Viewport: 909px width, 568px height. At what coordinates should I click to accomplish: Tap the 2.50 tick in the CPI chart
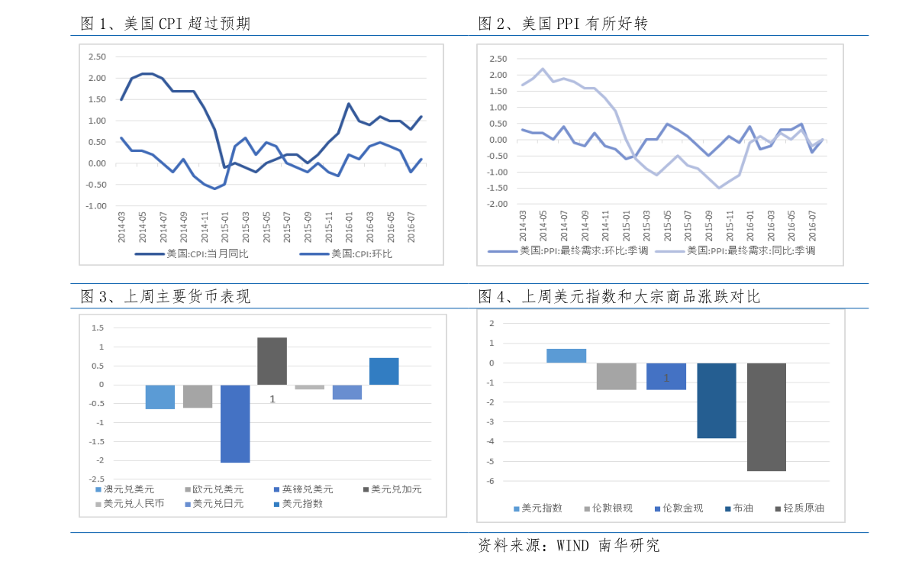click(97, 56)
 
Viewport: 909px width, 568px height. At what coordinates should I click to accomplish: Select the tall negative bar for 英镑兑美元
click(235, 424)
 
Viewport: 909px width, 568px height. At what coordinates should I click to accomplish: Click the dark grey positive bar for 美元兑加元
click(272, 361)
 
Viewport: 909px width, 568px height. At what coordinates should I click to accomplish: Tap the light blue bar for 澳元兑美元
click(160, 397)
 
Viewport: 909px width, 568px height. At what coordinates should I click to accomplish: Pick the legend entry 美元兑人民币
click(134, 504)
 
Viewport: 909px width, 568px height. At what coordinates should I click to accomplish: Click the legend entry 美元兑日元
click(218, 504)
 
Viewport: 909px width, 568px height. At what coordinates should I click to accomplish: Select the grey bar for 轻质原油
click(766, 417)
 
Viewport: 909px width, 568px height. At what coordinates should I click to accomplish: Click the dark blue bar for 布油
click(717, 401)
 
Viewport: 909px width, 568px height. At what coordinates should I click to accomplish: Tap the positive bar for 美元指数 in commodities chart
click(566, 356)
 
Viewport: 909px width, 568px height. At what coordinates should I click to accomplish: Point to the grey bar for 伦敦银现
click(617, 376)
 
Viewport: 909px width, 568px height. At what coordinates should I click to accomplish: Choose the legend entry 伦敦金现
click(682, 508)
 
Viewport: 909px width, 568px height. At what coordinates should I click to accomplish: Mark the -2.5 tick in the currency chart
click(98, 479)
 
